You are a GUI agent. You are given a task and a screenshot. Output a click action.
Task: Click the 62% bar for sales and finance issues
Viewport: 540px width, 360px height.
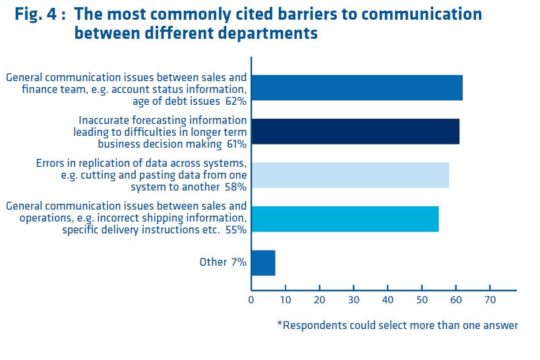(x=357, y=88)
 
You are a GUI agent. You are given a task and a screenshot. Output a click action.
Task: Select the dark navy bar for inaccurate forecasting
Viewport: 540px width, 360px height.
(x=355, y=131)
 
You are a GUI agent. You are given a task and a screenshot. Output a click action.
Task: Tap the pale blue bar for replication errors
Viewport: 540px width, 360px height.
(x=349, y=175)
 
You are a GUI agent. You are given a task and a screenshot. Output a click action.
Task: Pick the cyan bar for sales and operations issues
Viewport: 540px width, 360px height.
(x=345, y=219)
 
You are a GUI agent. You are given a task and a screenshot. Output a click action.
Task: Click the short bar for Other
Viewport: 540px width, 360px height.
(x=263, y=262)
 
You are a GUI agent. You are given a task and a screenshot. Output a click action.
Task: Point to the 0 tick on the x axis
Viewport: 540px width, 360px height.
(x=251, y=300)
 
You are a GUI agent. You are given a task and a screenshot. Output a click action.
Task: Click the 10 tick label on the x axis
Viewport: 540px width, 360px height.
(x=285, y=300)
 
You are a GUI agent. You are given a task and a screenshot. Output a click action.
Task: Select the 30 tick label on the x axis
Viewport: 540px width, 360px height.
(x=353, y=300)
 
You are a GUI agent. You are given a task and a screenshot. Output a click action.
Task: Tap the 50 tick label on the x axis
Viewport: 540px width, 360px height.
(x=421, y=300)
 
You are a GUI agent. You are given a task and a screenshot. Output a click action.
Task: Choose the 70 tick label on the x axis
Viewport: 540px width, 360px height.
(x=489, y=300)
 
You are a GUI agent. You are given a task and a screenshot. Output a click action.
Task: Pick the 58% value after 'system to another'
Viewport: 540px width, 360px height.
(x=235, y=187)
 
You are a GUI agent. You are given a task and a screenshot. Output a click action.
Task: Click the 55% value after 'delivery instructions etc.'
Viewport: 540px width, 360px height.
(x=235, y=230)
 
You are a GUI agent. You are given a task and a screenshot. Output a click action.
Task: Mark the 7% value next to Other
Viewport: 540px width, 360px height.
(x=239, y=262)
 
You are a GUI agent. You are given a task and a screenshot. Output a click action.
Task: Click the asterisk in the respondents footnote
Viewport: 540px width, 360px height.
(x=279, y=324)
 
